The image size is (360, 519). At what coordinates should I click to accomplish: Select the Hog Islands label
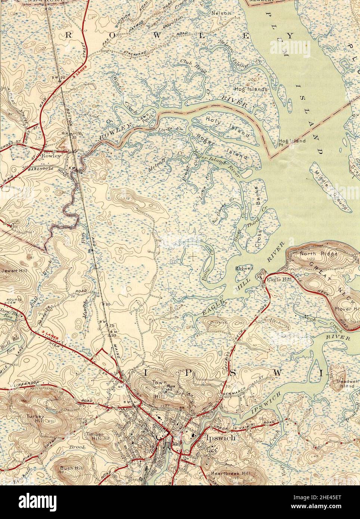click(251, 90)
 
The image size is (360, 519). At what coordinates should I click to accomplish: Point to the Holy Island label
click(227, 126)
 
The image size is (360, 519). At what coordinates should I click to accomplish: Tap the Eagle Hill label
click(278, 279)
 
